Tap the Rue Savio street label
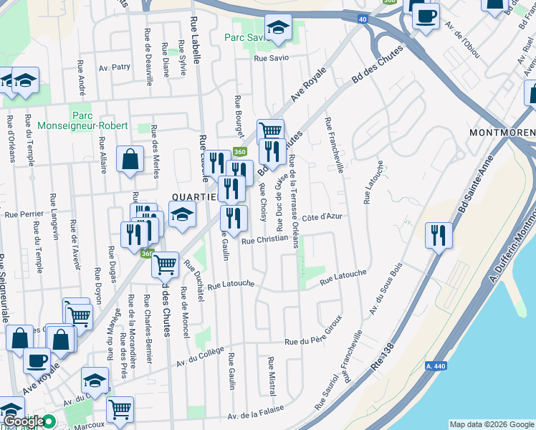coord(270,58)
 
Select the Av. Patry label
coord(115,67)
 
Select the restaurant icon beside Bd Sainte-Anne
coord(436,236)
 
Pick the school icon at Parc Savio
coord(275,29)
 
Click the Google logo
coord(24,421)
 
